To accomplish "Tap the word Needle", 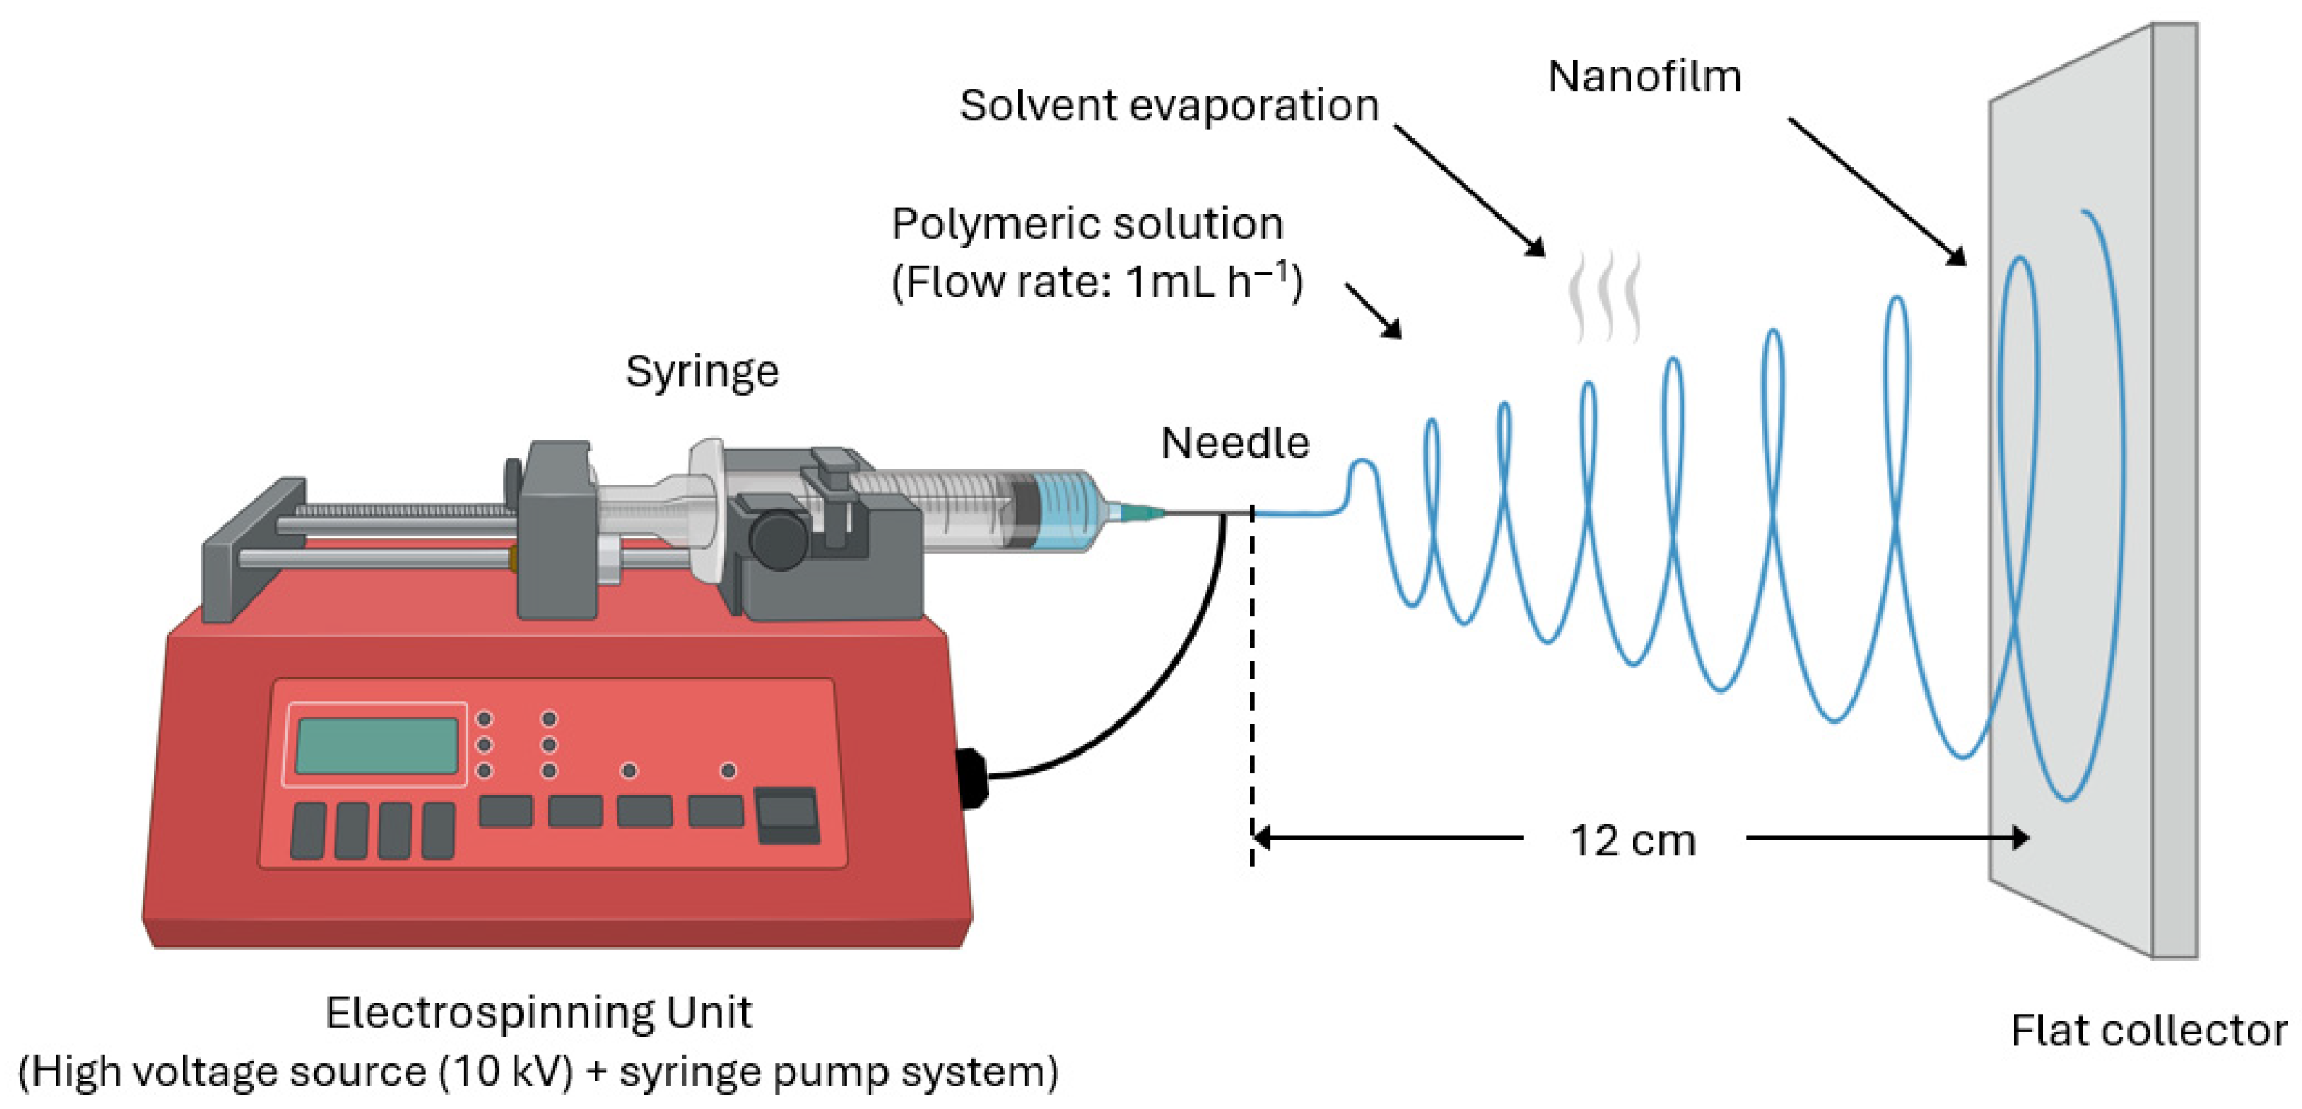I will pos(1234,443).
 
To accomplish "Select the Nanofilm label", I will pos(1644,77).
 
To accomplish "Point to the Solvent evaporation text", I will pos(1169,106).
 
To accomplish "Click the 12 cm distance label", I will pos(1633,841).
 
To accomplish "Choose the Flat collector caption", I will pos(2148,1030).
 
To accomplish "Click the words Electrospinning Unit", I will pos(538,1013).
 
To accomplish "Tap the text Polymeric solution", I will pos(1087,223).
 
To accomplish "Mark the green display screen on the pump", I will pos(376,745).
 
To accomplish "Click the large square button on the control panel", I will pos(787,814).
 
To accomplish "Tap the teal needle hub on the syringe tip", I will pos(1135,512).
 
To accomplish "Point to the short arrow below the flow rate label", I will pos(1373,311).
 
